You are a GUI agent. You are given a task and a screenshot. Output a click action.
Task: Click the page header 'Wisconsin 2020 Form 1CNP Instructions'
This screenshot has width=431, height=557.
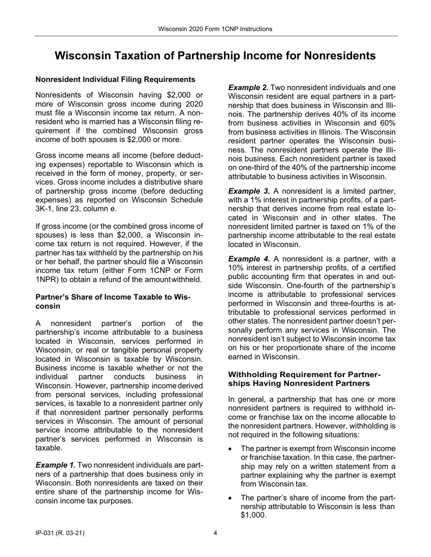click(x=215, y=29)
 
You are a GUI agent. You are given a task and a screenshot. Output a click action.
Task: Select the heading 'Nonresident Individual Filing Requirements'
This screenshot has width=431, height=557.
click(x=115, y=80)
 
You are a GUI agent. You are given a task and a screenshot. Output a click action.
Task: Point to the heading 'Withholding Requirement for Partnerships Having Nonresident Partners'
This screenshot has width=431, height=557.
click(x=304, y=379)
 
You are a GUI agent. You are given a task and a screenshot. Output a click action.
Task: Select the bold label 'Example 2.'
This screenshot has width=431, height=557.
click(x=248, y=87)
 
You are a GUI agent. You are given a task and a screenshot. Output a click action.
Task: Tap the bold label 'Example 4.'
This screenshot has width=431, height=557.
click(x=249, y=259)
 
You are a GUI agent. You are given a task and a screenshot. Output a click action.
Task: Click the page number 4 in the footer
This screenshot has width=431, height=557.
click(x=215, y=533)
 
